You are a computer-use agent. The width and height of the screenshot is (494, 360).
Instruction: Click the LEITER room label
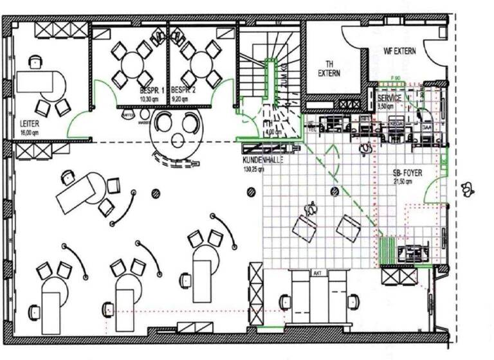(28, 123)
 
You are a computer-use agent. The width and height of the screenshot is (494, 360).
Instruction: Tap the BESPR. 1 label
(152, 91)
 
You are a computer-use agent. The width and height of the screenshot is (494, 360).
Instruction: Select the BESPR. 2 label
(184, 91)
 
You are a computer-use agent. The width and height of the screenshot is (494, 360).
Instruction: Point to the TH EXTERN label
(329, 68)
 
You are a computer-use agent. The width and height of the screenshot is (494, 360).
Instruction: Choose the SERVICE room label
(390, 98)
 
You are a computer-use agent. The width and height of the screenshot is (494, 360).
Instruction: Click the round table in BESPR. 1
(131, 64)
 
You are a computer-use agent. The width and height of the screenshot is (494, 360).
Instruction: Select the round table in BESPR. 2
(201, 64)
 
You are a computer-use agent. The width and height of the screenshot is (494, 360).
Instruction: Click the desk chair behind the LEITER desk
(34, 62)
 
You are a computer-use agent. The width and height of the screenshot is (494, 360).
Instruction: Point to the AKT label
(316, 273)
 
